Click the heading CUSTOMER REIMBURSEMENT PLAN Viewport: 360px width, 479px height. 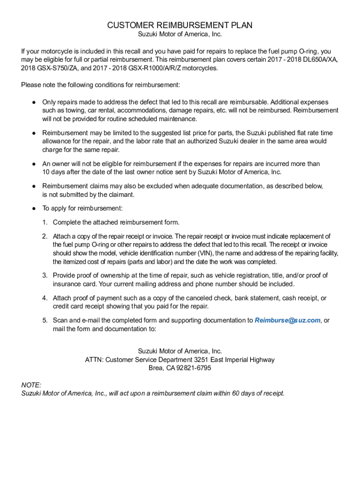pyautogui.click(x=180, y=25)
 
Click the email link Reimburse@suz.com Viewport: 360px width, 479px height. pyautogui.click(x=288, y=320)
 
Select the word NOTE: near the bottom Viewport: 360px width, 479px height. pyautogui.click(x=31, y=385)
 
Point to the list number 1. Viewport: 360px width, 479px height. pyautogui.click(x=45, y=222)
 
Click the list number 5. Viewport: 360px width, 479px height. pyautogui.click(x=45, y=320)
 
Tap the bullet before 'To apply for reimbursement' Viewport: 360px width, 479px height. pyautogui.click(x=34, y=208)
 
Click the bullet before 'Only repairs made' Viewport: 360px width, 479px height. pyautogui.click(x=34, y=102)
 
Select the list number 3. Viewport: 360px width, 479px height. pyautogui.click(x=45, y=275)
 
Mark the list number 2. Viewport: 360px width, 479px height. pyautogui.click(x=45, y=236)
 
